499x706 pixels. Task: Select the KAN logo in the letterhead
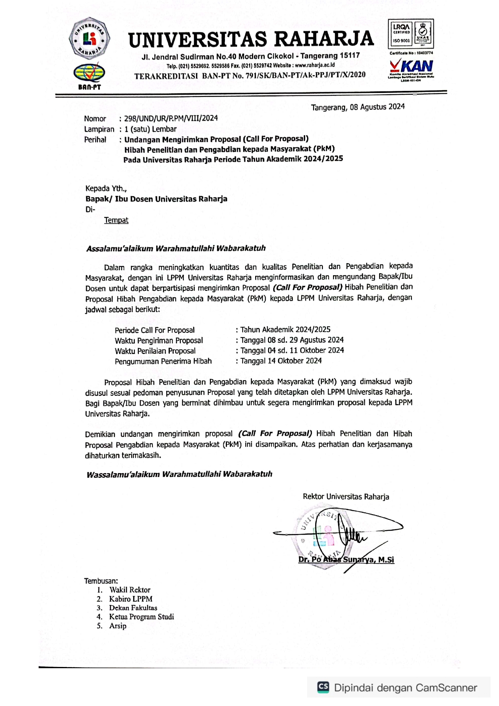(411, 68)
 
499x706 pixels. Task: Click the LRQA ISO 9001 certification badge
(411, 35)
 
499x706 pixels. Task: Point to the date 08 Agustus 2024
(377, 107)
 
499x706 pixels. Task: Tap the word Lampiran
(99, 129)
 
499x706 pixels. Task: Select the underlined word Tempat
(116, 220)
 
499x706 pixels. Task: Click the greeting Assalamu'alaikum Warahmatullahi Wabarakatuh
(176, 248)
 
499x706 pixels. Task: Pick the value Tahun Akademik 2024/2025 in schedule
(285, 329)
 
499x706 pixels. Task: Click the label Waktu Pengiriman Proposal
(159, 340)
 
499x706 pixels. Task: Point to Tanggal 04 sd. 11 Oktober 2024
(292, 350)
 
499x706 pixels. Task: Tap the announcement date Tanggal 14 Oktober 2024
(281, 361)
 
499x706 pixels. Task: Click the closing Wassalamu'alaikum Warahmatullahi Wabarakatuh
(179, 474)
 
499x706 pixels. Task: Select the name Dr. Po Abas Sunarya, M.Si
(346, 560)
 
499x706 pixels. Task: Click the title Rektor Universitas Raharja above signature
(346, 496)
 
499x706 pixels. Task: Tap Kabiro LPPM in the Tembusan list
(130, 599)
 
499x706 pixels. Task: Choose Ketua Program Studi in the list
(141, 617)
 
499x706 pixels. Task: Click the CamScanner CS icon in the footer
(323, 687)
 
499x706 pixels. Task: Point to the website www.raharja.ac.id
(315, 65)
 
